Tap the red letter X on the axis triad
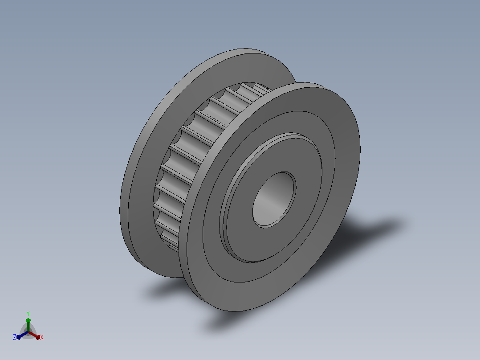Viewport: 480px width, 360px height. [42, 337]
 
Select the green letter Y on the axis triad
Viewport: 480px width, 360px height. [28, 313]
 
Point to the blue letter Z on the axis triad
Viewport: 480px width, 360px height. [14, 337]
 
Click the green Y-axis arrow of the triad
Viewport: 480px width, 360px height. [28, 325]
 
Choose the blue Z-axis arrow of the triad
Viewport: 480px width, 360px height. [22, 335]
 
